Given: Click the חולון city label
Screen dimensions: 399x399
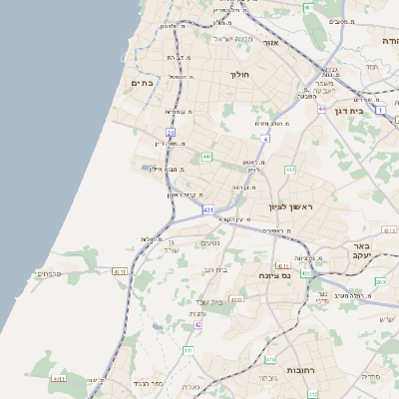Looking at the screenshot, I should tap(238, 75).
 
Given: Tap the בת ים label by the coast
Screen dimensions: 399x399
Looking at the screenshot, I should tap(143, 84).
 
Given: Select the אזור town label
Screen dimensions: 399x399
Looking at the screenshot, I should tap(270, 44).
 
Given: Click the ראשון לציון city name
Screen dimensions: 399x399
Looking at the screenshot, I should tap(290, 206).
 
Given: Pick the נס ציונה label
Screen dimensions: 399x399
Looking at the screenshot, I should tap(275, 274).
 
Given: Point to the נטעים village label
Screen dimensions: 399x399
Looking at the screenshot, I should tap(210, 243).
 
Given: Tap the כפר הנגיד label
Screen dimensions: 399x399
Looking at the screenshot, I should tap(147, 382).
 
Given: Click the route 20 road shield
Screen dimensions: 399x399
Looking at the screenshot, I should tap(171, 132).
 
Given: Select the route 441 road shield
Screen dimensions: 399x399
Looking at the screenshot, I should tap(206, 157).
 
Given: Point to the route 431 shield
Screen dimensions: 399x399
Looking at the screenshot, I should tap(207, 210).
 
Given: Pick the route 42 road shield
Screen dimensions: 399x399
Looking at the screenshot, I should tap(199, 325).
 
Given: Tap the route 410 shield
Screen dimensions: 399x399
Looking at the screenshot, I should tap(269, 357).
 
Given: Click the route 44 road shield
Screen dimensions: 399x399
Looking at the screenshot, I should tap(321, 107).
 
